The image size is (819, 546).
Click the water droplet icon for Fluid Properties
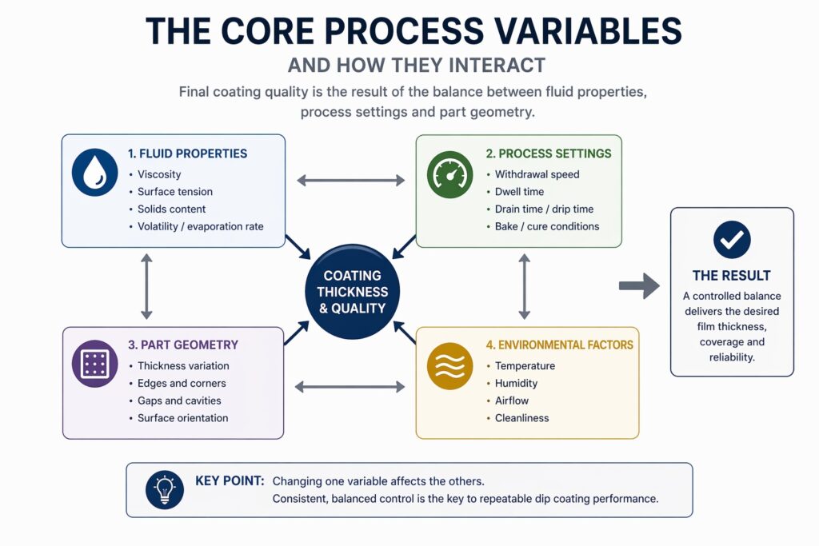click(94, 173)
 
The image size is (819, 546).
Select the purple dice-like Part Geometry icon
click(94, 365)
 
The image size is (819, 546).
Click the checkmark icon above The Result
click(732, 238)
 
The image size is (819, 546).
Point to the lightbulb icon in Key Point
click(165, 490)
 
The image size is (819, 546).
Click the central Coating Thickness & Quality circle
click(351, 293)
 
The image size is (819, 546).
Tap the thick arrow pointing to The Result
click(639, 286)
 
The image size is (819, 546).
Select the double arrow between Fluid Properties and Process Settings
click(351, 181)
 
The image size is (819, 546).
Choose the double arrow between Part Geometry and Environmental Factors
click(351, 388)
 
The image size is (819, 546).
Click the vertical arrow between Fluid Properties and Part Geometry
click(146, 286)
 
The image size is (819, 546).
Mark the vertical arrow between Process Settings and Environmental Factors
click(525, 286)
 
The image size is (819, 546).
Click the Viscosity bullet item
click(159, 174)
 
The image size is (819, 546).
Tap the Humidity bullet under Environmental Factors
click(516, 383)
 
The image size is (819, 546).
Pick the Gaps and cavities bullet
click(179, 401)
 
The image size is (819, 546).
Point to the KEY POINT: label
click(230, 480)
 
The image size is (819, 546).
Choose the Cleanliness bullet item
click(521, 418)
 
